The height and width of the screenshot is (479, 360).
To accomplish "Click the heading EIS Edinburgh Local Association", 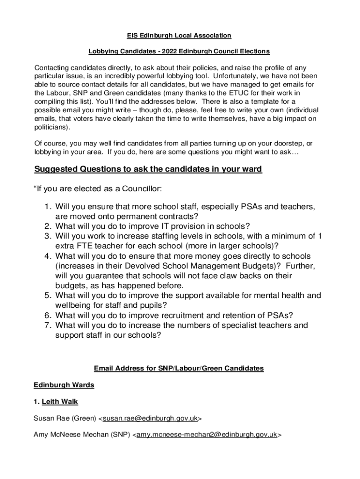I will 180,36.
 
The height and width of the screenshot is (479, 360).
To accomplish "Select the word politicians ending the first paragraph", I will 51,127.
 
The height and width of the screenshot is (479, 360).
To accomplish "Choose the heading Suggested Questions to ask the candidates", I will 148,169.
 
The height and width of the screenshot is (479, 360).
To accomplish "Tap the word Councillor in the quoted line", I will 142,189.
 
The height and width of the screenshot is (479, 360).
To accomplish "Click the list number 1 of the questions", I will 48,207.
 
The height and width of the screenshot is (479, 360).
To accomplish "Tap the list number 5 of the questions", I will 48,295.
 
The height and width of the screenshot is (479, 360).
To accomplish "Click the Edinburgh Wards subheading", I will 64,385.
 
